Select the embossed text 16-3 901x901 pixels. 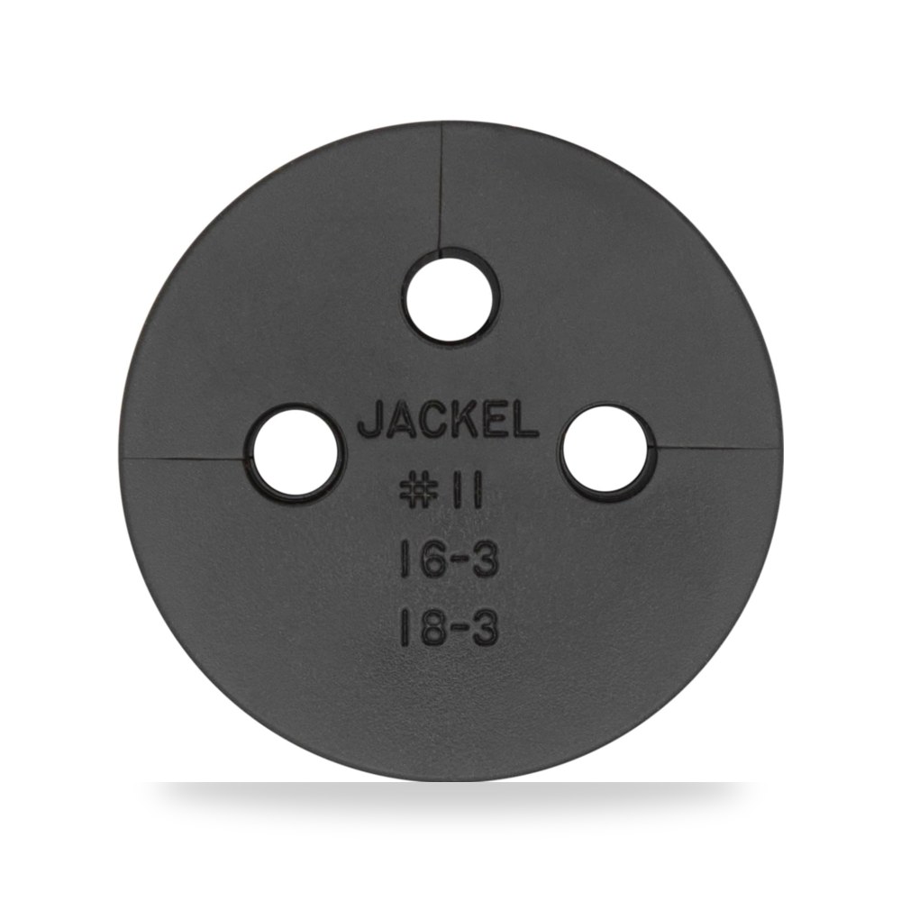448,560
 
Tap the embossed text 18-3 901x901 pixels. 448,628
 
